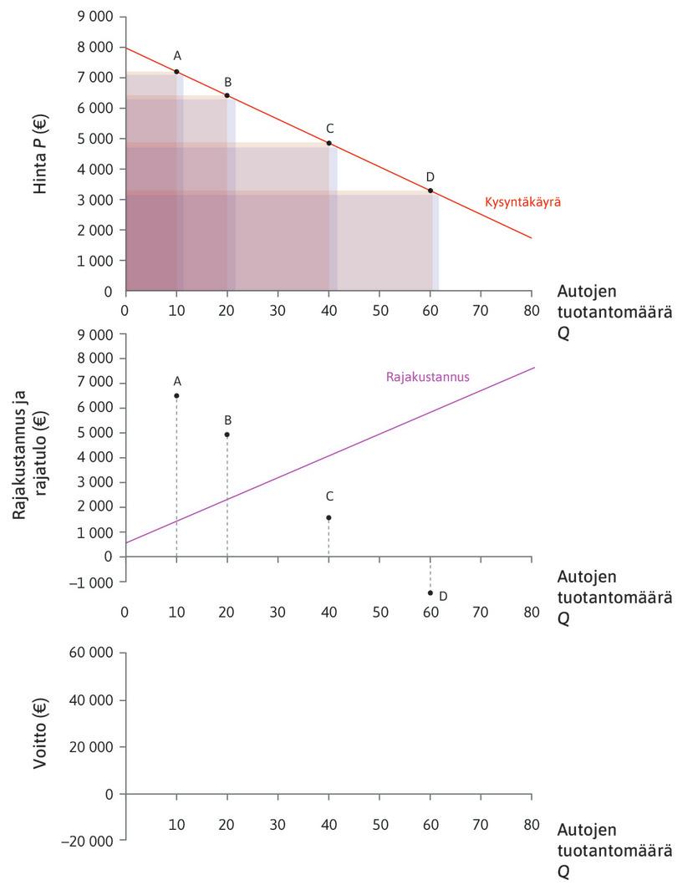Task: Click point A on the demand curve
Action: click(x=176, y=72)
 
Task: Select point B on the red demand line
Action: click(x=227, y=95)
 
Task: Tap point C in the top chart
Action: click(x=329, y=143)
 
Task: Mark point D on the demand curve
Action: click(x=430, y=191)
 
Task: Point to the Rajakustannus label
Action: click(x=428, y=377)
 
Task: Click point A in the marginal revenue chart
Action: click(x=176, y=395)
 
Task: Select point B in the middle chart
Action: click(x=227, y=435)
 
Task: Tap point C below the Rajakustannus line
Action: click(x=328, y=517)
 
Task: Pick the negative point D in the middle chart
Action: click(x=430, y=593)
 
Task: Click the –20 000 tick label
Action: click(x=91, y=841)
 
